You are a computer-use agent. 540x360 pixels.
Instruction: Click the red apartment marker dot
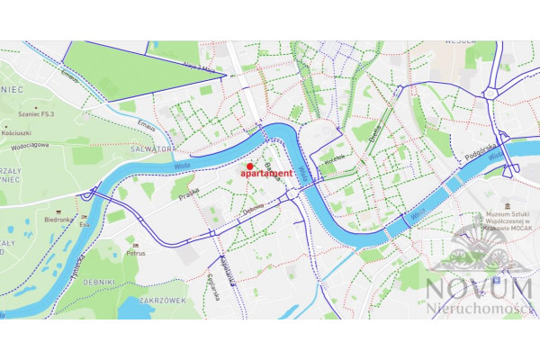(x=249, y=166)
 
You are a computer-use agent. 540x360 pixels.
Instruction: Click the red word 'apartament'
(x=265, y=173)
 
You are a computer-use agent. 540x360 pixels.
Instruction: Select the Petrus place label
(x=136, y=253)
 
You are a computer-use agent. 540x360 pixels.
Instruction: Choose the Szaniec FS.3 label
(x=31, y=113)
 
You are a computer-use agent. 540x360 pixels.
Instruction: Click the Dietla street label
(x=375, y=135)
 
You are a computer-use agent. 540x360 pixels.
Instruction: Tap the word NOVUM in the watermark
(x=479, y=290)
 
